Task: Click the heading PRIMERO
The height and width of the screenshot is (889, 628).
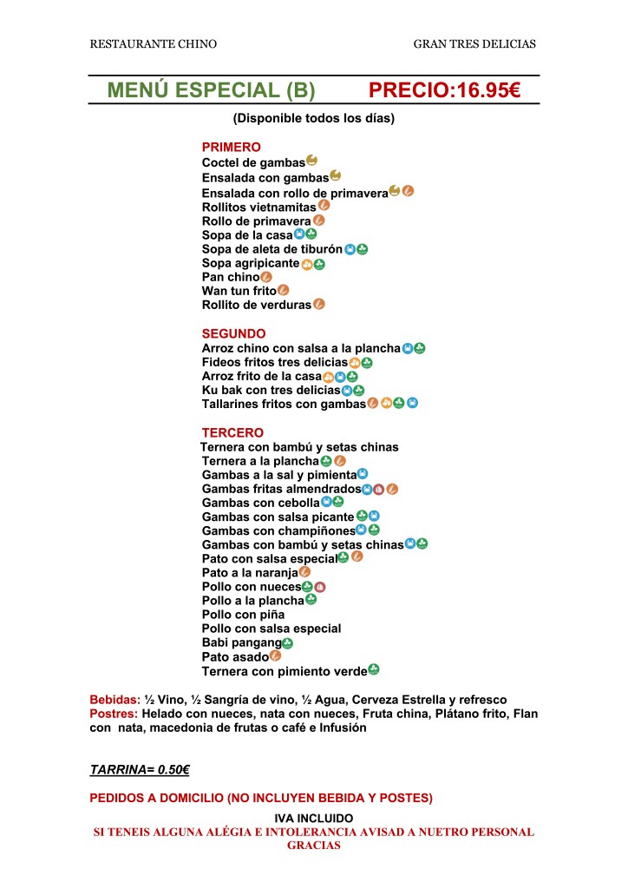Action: tap(231, 148)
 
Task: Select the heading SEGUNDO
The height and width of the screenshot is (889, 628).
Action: tap(233, 333)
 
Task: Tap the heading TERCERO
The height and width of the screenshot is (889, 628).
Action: tap(232, 432)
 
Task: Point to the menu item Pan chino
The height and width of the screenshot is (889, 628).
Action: tap(231, 277)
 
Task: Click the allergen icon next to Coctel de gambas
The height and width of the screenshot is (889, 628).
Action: tap(312, 160)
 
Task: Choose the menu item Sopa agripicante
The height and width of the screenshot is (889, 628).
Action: tap(251, 263)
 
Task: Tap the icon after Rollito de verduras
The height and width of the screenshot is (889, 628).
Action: tap(319, 304)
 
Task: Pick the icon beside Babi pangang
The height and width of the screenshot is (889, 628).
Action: tap(288, 643)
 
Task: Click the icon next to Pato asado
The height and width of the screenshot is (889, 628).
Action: tap(276, 656)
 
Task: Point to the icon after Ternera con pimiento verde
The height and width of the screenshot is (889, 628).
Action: tap(374, 669)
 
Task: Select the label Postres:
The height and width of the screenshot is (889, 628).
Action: tap(114, 714)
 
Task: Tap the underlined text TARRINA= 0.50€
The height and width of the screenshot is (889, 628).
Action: tap(140, 769)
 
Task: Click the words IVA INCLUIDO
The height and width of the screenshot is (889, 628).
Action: tap(313, 818)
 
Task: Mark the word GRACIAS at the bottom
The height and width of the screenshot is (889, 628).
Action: tap(313, 845)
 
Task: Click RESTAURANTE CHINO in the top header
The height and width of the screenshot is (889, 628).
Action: tap(154, 43)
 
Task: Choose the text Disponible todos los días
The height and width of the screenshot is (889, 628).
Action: tap(313, 118)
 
